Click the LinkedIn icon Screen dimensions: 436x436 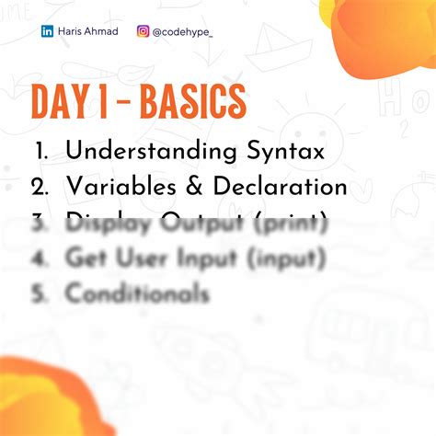47,31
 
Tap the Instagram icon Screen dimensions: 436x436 143,31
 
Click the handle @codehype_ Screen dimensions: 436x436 182,31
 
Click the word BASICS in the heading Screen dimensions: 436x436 192,102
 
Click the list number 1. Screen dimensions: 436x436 41,150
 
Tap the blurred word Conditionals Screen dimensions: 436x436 137,293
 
